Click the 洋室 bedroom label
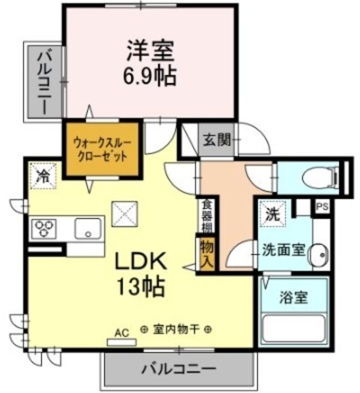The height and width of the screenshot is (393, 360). (150, 51)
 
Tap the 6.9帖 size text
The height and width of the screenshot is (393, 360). (149, 76)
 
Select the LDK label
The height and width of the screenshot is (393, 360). (141, 260)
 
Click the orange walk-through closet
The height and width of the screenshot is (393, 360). (102, 149)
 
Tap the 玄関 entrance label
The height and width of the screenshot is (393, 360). (217, 140)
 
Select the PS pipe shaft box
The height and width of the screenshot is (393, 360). (322, 207)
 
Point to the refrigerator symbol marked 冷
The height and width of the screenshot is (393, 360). (43, 176)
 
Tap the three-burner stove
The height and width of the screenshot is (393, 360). (44, 229)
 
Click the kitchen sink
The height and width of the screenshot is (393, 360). (88, 229)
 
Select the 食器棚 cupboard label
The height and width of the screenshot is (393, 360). (208, 216)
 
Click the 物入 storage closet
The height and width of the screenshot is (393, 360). (207, 254)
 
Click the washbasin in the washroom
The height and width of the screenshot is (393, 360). (319, 254)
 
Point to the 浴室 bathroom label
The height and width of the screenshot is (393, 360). (293, 297)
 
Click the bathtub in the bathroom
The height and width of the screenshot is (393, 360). (294, 329)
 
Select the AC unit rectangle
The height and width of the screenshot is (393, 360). (122, 342)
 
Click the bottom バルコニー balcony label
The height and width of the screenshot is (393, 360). (179, 369)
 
